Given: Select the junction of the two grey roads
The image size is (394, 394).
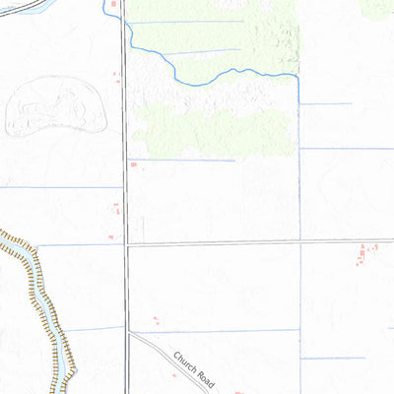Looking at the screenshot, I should coord(127,245).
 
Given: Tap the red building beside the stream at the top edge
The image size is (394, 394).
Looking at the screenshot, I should coord(112,5).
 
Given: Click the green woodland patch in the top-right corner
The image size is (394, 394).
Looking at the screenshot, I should coord(379,8).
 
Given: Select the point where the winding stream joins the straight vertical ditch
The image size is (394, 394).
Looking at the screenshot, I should coord(297,75).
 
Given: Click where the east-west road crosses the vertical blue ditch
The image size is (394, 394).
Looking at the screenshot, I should coord(299,241).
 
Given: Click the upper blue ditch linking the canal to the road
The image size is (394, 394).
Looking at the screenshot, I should coord(79,244).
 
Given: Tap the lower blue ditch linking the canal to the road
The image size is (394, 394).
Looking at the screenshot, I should coord(94,328).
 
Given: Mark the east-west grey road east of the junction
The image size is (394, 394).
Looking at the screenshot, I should coord(246,242).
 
